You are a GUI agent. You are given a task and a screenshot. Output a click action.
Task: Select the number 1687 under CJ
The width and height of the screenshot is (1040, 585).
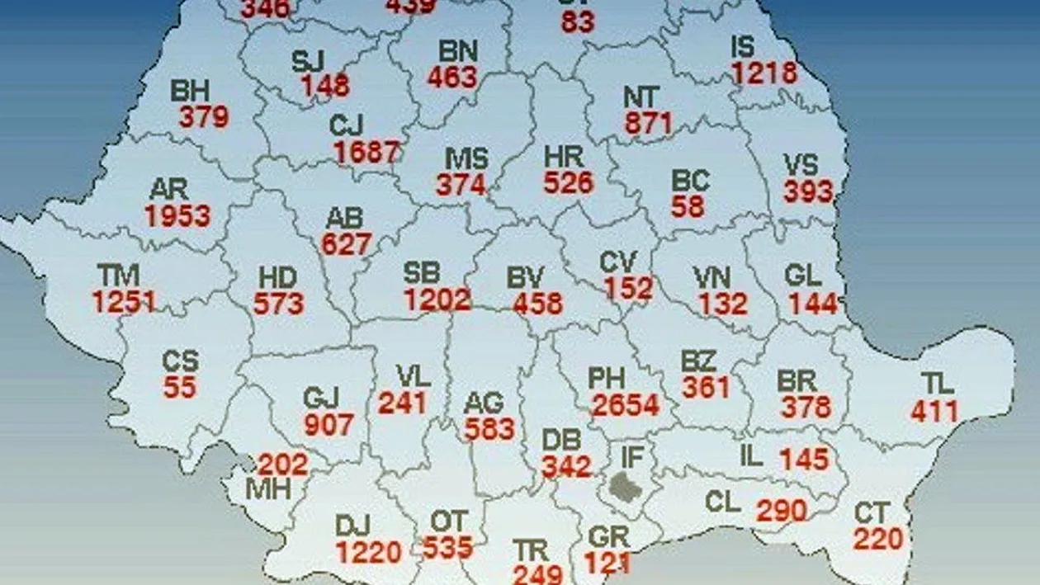pyautogui.click(x=367, y=153)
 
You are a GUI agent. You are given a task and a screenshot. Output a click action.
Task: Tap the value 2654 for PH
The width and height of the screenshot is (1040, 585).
pyautogui.click(x=626, y=405)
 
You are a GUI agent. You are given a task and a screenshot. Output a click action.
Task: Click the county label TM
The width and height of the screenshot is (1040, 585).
pyautogui.click(x=119, y=276)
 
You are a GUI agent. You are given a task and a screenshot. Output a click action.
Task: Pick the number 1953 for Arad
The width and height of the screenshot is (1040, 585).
pyautogui.click(x=177, y=216)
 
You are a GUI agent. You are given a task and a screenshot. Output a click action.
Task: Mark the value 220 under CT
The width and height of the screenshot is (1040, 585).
pyautogui.click(x=878, y=540)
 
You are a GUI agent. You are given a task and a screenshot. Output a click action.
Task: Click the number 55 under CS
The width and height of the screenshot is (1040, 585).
pyautogui.click(x=180, y=387)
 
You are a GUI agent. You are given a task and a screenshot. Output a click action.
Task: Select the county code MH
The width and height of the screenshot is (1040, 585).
pyautogui.click(x=269, y=489)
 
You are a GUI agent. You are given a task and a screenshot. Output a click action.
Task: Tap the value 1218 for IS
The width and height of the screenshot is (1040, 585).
pyautogui.click(x=764, y=73)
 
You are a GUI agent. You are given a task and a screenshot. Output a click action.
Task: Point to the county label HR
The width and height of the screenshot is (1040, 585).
pyautogui.click(x=564, y=156)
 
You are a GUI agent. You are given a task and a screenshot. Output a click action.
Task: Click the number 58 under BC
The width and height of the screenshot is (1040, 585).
pyautogui.click(x=688, y=206)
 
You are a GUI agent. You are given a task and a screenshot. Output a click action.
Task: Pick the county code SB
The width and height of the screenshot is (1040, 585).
pyautogui.click(x=422, y=272)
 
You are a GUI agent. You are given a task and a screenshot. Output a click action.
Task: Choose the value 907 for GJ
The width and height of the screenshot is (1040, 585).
pyautogui.click(x=328, y=424)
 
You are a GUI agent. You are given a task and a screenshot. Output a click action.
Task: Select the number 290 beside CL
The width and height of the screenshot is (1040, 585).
pyautogui.click(x=781, y=511)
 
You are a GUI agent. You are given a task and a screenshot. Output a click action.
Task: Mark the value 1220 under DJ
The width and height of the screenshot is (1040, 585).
pyautogui.click(x=369, y=551)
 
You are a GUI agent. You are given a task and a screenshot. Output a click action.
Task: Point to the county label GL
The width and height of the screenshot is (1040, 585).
pyautogui.click(x=803, y=276)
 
